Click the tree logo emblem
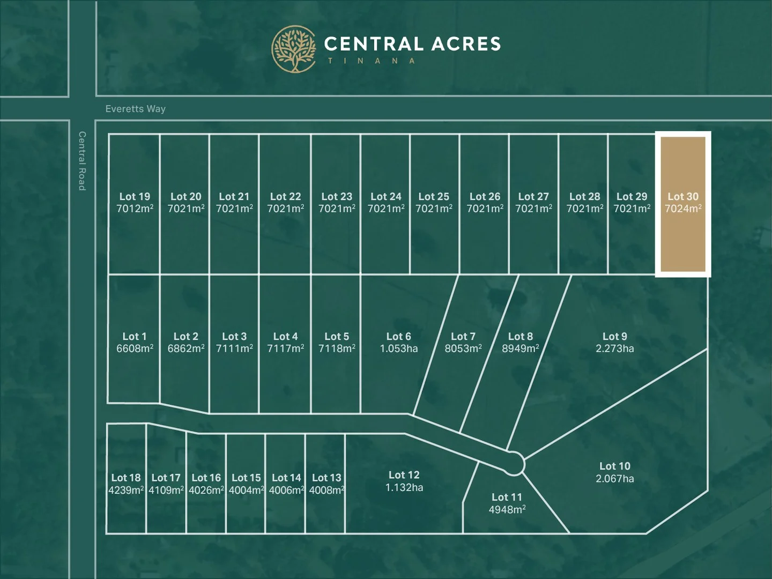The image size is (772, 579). click(x=294, y=49)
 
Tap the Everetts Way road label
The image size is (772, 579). click(x=135, y=109)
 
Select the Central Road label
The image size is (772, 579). click(x=82, y=161)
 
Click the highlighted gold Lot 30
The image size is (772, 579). click(x=683, y=204)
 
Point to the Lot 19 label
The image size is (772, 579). click(x=135, y=197)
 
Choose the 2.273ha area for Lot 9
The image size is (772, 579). click(x=614, y=348)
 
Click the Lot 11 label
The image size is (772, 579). click(x=507, y=497)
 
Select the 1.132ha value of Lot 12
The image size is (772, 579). click(x=404, y=487)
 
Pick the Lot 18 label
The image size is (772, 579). click(x=126, y=478)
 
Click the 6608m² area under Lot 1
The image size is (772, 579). click(x=135, y=348)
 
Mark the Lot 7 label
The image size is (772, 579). click(x=463, y=336)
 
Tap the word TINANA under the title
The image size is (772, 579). click(x=372, y=61)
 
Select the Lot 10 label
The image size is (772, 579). click(x=614, y=466)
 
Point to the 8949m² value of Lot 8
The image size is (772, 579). click(x=520, y=348)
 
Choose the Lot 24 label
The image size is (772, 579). click(x=385, y=197)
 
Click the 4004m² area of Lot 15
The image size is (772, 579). click(x=246, y=490)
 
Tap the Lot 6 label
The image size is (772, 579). click(x=398, y=336)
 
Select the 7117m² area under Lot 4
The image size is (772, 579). click(x=285, y=348)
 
